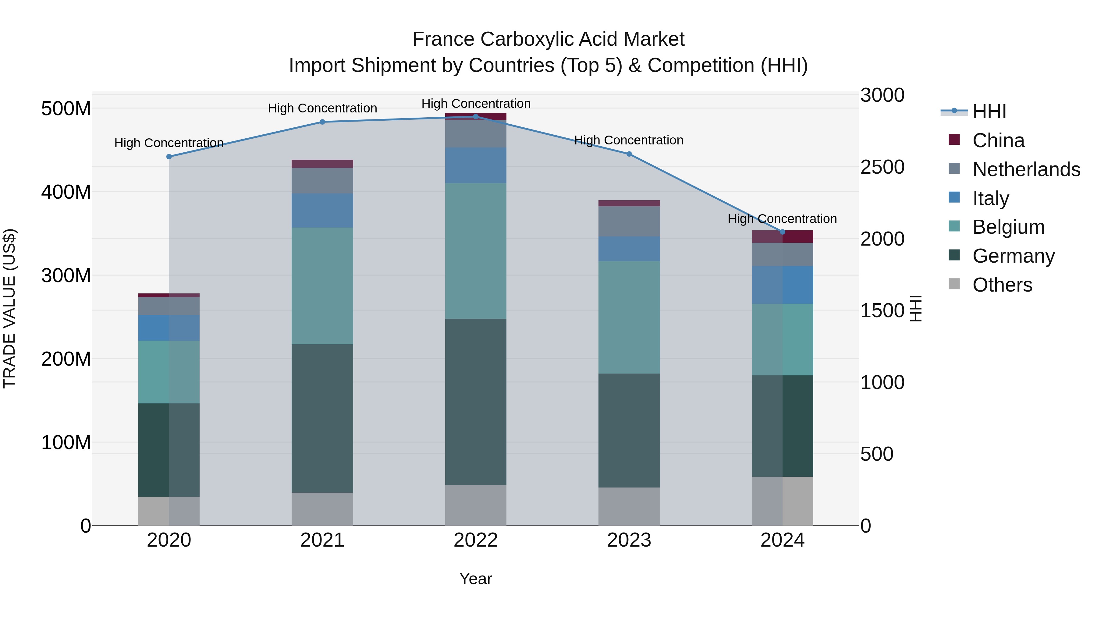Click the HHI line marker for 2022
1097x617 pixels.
(476, 117)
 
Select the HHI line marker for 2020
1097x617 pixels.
(169, 157)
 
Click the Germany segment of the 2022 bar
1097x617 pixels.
(476, 402)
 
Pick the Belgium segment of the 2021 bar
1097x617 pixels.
(322, 286)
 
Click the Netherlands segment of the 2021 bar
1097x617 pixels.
(322, 181)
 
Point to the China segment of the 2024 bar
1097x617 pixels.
(782, 237)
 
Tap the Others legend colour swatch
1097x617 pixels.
(954, 284)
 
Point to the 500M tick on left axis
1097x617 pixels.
(66, 109)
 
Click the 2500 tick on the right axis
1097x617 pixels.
(882, 167)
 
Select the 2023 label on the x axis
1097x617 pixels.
(629, 540)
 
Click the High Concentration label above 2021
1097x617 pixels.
(322, 108)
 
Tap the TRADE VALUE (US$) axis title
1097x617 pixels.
(9, 308)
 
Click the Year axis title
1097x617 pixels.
(476, 579)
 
